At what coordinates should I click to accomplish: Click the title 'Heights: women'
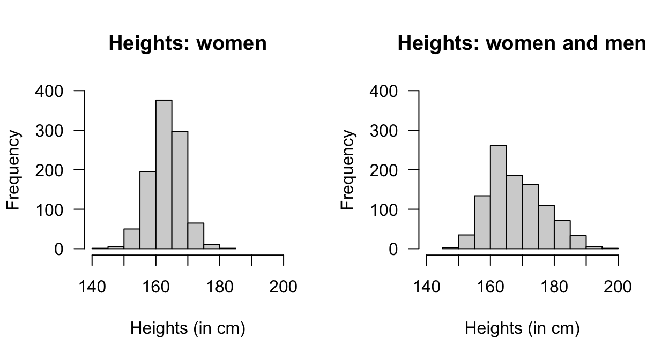[x=188, y=43]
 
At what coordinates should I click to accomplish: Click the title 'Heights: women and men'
[x=522, y=43]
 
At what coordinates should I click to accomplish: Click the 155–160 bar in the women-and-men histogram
[x=482, y=222]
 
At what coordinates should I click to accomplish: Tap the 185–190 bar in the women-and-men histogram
[x=578, y=242]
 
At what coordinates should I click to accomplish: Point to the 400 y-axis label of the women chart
[x=49, y=91]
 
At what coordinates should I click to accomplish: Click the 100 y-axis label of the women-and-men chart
[x=384, y=209]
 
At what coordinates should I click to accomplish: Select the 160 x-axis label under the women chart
[x=156, y=287]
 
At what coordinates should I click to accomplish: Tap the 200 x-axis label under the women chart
[x=283, y=287]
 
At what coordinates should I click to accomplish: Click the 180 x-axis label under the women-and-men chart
[x=554, y=287]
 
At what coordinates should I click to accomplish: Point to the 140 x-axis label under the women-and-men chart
[x=427, y=287]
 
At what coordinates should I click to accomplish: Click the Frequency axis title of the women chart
[x=14, y=170]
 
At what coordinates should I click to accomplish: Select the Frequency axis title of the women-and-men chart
[x=348, y=170]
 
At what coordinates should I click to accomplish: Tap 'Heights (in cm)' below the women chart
[x=188, y=328]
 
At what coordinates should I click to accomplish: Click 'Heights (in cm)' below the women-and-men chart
[x=522, y=328]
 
